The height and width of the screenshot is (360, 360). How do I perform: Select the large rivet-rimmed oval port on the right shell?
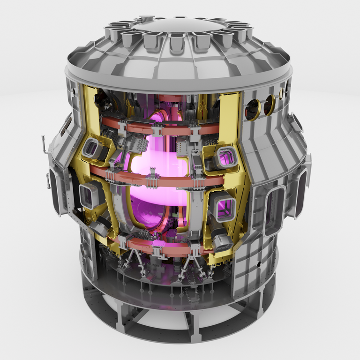274,210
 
